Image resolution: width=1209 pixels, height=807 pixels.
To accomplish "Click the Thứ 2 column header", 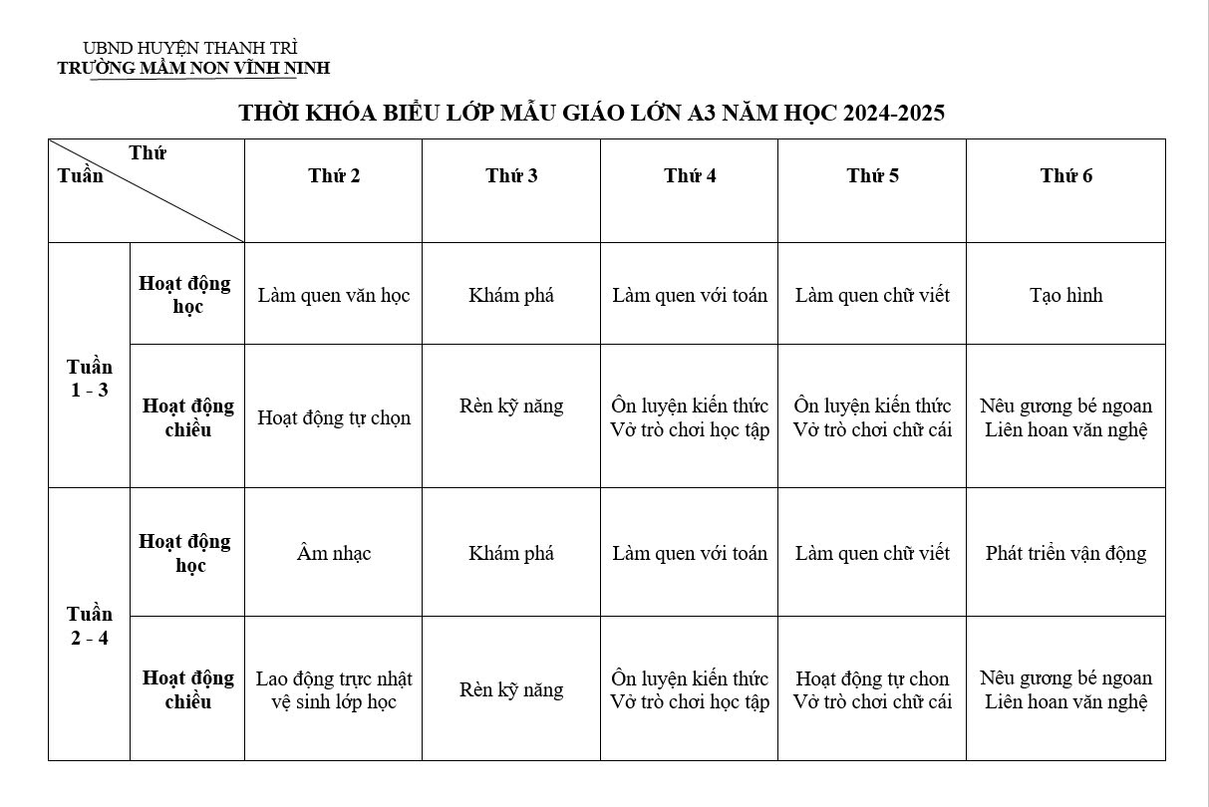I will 334,176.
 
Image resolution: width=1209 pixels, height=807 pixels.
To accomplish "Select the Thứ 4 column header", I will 690,176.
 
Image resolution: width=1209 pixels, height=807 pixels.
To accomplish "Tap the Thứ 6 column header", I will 1065,176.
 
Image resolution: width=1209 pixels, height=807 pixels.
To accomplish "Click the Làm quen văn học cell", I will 334,295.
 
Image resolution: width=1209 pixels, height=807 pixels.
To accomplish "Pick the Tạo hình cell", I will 1065,295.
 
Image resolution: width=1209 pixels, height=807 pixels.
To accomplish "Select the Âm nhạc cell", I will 334,553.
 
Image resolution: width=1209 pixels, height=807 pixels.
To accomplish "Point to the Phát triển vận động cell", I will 1065,553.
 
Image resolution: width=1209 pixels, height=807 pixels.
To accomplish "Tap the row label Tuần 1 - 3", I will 90,379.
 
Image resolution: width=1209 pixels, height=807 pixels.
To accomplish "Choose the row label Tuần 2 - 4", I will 90,626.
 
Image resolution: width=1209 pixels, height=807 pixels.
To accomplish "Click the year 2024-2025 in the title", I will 893,113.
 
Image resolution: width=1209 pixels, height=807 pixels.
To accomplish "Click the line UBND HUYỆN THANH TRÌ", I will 190,48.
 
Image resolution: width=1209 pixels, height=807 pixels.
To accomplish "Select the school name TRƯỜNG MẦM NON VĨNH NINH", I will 193,68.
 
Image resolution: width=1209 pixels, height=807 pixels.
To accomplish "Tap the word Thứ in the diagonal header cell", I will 148,153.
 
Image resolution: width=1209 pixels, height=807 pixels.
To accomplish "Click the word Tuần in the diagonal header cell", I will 80,175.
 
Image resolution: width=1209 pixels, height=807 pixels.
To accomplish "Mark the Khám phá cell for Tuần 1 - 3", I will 511,295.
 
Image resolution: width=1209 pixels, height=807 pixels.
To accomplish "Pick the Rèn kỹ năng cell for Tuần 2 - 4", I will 511,689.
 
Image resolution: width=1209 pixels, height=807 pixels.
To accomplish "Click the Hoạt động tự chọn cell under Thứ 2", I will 334,417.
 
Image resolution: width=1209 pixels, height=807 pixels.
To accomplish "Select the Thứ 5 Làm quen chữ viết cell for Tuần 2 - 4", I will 872,553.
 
